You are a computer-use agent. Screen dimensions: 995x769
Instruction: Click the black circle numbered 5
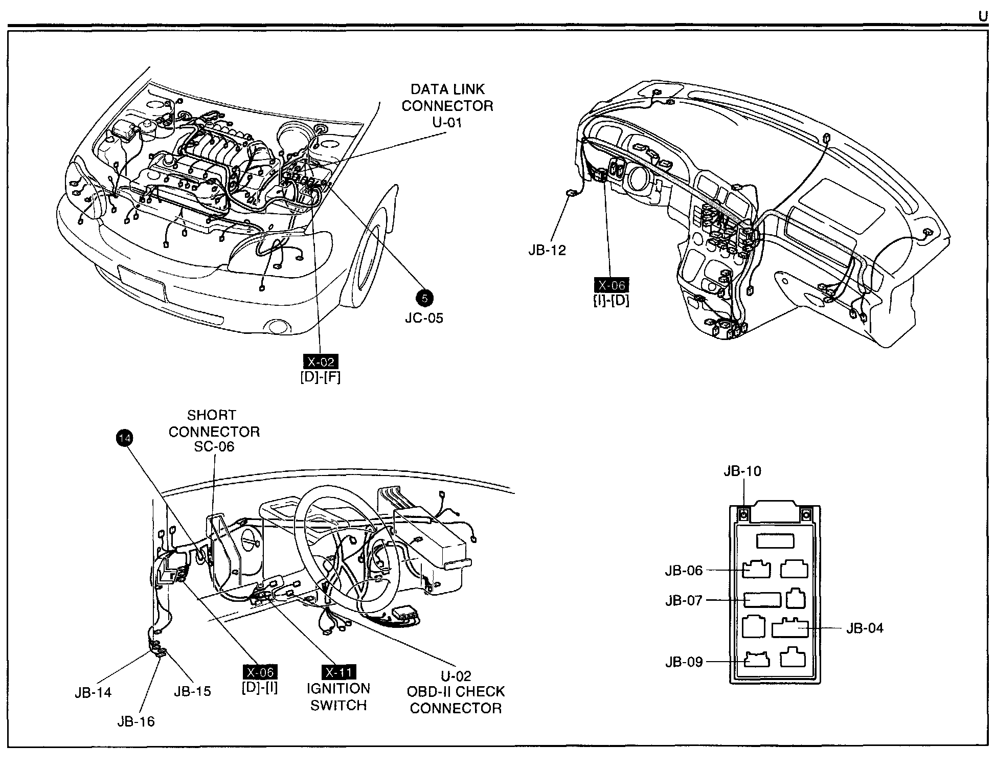pos(424,299)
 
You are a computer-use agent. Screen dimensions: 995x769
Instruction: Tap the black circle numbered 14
pos(124,438)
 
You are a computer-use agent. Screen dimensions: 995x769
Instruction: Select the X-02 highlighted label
pos(321,362)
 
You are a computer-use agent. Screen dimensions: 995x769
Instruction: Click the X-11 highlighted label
pos(338,672)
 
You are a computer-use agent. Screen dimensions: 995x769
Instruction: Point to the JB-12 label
pos(547,251)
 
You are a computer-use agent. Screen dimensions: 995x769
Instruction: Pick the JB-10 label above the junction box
pos(742,471)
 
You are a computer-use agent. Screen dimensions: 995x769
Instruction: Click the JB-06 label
pos(684,570)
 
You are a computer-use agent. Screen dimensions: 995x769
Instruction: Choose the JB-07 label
pos(684,600)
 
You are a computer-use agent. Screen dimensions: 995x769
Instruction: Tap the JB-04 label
pos(865,628)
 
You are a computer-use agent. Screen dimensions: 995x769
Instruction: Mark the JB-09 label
pos(684,662)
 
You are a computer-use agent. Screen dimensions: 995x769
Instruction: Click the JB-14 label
pos(93,692)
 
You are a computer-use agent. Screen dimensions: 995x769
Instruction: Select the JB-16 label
pos(135,721)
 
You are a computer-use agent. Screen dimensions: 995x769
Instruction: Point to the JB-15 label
pos(192,691)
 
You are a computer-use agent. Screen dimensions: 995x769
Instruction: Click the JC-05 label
pos(424,318)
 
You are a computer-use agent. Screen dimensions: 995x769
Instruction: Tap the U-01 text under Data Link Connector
pos(447,123)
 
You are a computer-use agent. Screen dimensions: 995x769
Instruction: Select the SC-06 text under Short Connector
pos(214,446)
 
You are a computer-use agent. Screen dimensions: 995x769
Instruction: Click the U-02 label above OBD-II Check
pos(456,676)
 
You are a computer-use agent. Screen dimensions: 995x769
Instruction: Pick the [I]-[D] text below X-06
pos(612,301)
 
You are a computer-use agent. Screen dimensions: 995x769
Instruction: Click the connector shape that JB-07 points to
pos(762,600)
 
